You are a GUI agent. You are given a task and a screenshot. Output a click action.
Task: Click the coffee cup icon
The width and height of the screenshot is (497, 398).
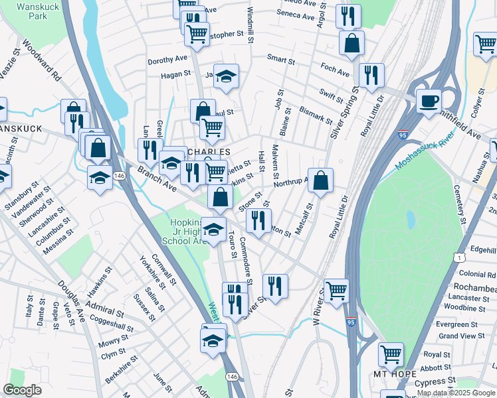click(x=429, y=101)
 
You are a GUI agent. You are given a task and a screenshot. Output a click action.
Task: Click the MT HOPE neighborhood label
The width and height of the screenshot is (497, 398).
click(x=389, y=373)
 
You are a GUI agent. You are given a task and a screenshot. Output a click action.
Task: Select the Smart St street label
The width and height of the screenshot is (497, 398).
click(x=281, y=59)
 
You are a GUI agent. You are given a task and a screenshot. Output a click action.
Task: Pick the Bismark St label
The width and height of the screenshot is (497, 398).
click(x=316, y=114)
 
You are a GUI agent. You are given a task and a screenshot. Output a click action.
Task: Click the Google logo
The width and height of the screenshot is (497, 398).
click(x=23, y=390)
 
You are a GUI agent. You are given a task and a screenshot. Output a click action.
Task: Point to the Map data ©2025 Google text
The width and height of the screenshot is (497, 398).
click(x=456, y=393)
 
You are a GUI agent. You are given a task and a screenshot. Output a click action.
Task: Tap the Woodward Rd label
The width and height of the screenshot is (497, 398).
click(x=41, y=61)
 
